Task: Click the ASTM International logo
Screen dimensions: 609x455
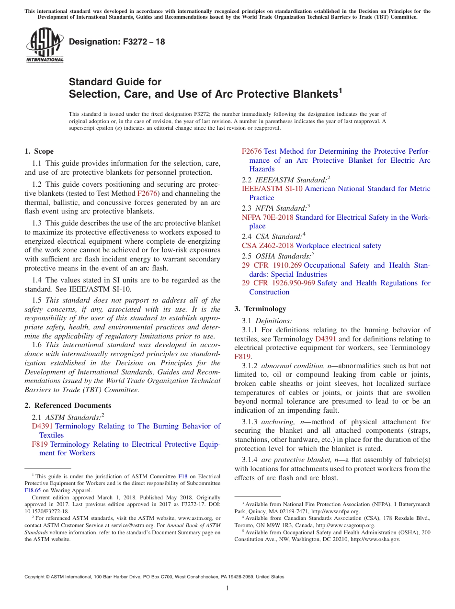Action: click(x=45, y=45)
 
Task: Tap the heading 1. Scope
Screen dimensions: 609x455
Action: click(x=39, y=151)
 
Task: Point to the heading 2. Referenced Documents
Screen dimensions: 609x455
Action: click(x=68, y=406)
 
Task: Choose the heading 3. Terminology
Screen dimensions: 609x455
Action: click(x=260, y=309)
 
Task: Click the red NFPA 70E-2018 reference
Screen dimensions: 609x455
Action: click(x=267, y=217)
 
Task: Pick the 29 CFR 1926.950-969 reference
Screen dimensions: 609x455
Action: click(x=278, y=283)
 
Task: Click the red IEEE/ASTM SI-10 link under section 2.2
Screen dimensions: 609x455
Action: click(x=272, y=189)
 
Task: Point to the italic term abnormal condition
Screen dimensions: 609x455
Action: click(x=293, y=366)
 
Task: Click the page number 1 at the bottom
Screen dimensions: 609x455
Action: click(x=227, y=588)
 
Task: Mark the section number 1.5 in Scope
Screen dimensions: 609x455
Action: click(x=37, y=300)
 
